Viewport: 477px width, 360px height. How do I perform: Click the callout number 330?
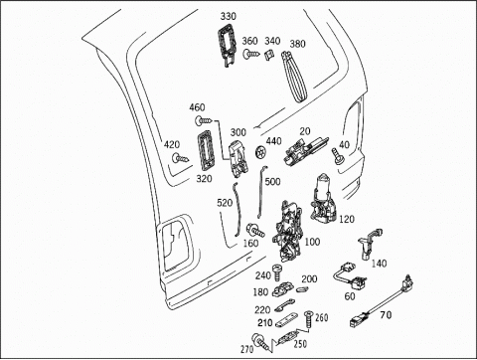click(x=229, y=16)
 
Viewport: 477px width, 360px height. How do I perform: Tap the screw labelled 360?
click(x=251, y=54)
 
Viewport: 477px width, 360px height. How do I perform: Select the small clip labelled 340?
click(x=269, y=54)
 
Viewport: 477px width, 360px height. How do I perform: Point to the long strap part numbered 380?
click(x=294, y=77)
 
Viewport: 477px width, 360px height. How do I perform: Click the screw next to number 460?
click(x=204, y=120)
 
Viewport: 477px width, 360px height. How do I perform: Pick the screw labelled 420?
click(x=181, y=159)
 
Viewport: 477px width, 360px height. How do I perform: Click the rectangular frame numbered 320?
click(x=206, y=151)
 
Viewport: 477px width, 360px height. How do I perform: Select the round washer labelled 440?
click(x=260, y=152)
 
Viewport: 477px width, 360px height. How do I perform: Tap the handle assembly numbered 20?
click(x=305, y=150)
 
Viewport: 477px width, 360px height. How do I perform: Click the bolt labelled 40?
click(x=337, y=155)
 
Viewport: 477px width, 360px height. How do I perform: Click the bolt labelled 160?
click(x=255, y=231)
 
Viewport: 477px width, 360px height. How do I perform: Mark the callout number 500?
click(x=272, y=182)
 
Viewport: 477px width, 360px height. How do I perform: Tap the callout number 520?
click(x=225, y=203)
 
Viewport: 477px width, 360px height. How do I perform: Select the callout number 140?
click(x=379, y=264)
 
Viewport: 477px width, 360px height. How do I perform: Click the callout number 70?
click(x=386, y=314)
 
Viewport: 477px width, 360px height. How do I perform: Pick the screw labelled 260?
click(x=309, y=319)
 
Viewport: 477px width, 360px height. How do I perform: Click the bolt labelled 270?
click(x=260, y=341)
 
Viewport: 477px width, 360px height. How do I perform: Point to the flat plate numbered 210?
click(x=287, y=320)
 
